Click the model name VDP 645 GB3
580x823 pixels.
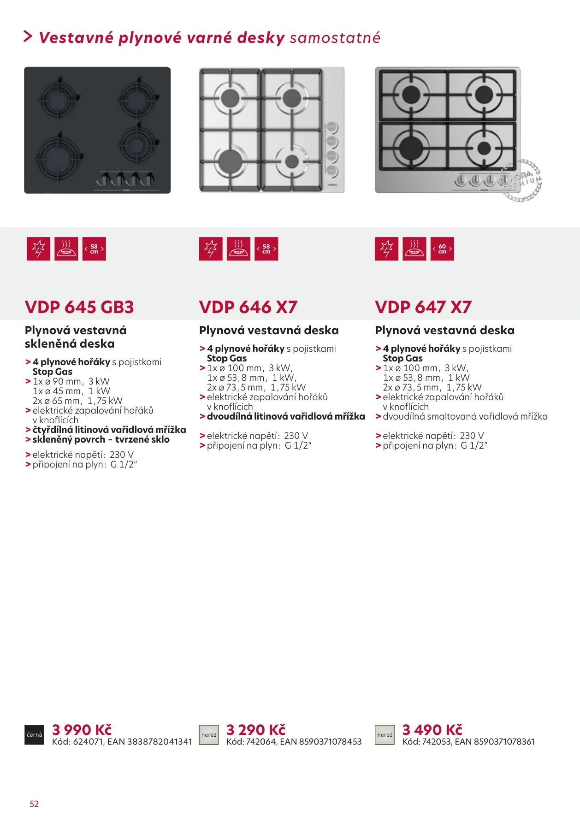pos(79,307)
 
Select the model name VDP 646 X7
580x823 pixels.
pos(248,307)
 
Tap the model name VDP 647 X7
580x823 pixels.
pos(423,307)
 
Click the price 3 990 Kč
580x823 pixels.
pos(82,729)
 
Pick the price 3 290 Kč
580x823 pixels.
pos(256,729)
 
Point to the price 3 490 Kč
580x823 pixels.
pos(432,729)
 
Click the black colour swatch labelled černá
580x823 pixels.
pos(35,735)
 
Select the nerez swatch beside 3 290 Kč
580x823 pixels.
pos(209,735)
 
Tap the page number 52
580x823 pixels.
pos(34,804)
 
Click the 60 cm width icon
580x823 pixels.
pos(442,249)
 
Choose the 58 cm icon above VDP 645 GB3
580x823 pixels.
pos(94,249)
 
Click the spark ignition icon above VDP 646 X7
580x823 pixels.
pos(211,249)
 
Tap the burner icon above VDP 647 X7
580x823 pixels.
pos(414,249)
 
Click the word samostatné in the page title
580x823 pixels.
pos(335,38)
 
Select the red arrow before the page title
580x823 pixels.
pos(28,36)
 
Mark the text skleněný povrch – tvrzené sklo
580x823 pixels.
pos(101,439)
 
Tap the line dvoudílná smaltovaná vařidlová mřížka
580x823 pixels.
pos(465,416)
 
